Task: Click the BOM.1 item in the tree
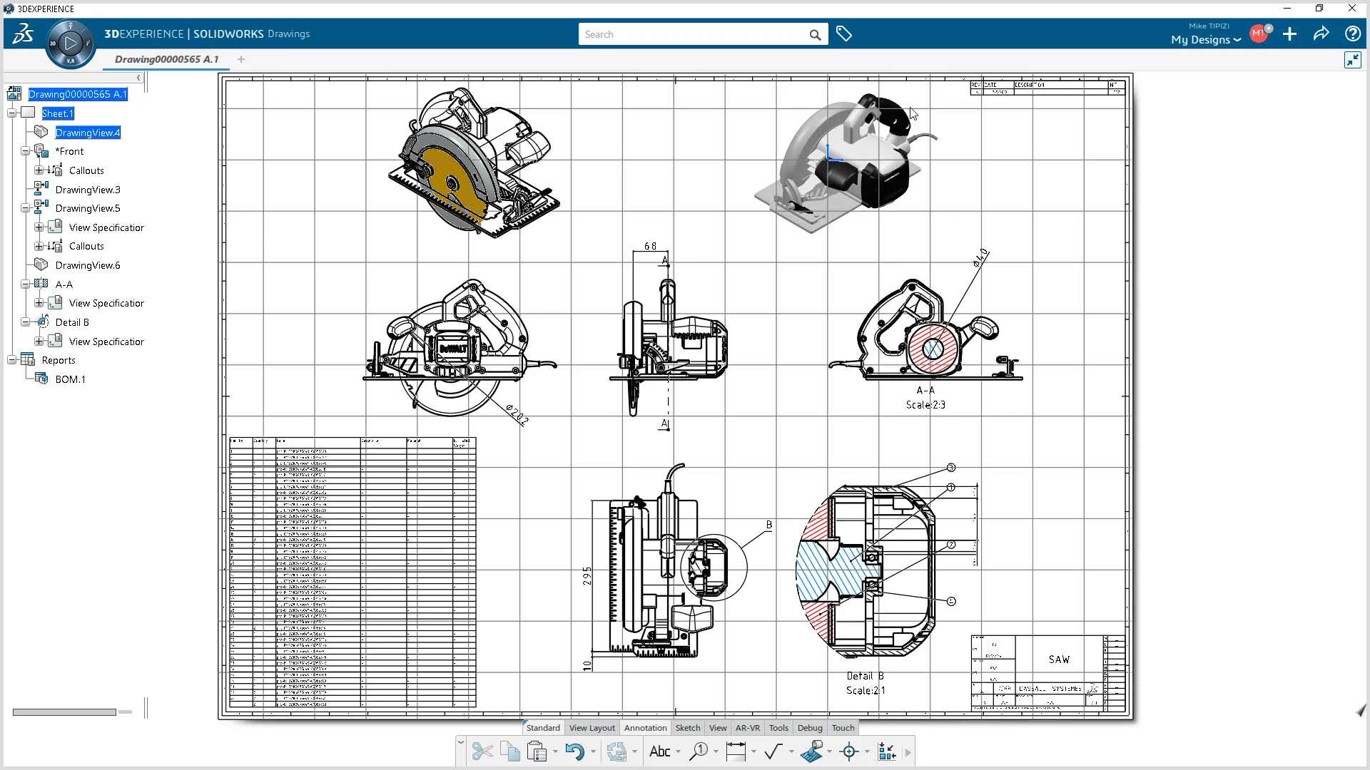click(x=70, y=379)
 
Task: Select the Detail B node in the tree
click(x=72, y=322)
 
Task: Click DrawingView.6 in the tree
click(x=88, y=265)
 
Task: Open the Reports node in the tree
click(x=59, y=360)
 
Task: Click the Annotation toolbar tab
click(x=645, y=728)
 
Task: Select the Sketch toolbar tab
click(x=688, y=728)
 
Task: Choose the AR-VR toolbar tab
click(x=747, y=728)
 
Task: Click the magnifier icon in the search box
click(x=815, y=34)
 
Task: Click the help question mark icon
click(x=1351, y=34)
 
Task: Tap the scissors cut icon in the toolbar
click(x=482, y=751)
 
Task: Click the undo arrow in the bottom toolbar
click(x=574, y=751)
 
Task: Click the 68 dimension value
click(x=650, y=246)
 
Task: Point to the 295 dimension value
click(x=587, y=575)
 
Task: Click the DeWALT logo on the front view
click(x=452, y=349)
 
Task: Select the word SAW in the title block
click(x=1059, y=659)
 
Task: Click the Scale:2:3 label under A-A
click(x=925, y=405)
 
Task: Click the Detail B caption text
click(x=865, y=676)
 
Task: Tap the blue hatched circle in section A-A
click(x=933, y=349)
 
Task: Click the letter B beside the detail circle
click(x=768, y=525)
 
